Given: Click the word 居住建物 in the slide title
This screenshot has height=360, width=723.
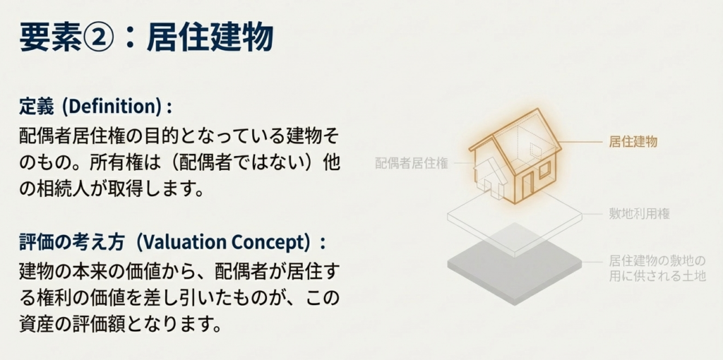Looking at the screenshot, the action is [x=210, y=37].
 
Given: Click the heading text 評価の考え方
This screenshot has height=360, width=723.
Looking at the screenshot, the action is [x=72, y=243].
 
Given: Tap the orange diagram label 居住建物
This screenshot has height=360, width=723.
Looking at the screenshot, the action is [x=633, y=141].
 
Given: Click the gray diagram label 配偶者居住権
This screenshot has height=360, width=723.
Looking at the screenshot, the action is [x=412, y=163].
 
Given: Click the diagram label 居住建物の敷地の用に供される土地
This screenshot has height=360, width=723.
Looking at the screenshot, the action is [x=657, y=269].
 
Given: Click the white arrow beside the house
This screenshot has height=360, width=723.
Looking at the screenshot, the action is [x=490, y=176].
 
